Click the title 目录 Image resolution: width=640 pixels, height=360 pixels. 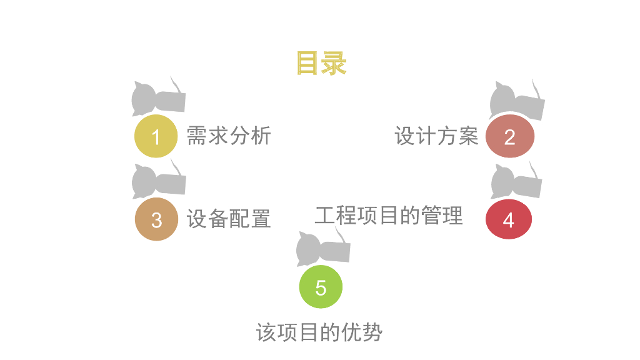(x=321, y=64)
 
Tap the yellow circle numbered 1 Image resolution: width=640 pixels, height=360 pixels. (x=156, y=136)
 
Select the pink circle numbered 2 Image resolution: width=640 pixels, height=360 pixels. (x=509, y=136)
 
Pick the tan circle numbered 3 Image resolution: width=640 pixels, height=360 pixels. (x=156, y=219)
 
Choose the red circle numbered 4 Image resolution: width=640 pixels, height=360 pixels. (x=509, y=219)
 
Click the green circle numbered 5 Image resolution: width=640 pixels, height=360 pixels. (x=321, y=287)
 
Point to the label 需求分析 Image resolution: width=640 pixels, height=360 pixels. (x=229, y=136)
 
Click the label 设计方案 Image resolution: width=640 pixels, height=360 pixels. (x=436, y=136)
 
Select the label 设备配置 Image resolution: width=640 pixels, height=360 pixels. (x=229, y=219)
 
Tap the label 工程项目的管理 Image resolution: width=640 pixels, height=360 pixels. (x=389, y=215)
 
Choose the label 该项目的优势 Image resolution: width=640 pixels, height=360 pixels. (x=319, y=332)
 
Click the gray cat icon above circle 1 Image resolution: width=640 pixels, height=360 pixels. (x=157, y=97)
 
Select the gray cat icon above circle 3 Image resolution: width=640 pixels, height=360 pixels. (x=158, y=181)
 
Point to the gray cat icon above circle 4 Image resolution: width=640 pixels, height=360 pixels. (x=516, y=181)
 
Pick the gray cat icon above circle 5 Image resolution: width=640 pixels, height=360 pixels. (x=322, y=247)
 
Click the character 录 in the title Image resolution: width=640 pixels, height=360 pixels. (x=334, y=64)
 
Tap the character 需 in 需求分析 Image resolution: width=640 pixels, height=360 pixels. (x=197, y=136)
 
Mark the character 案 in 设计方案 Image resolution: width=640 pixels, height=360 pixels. (x=467, y=136)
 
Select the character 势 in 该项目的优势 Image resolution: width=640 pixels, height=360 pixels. (x=371, y=332)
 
